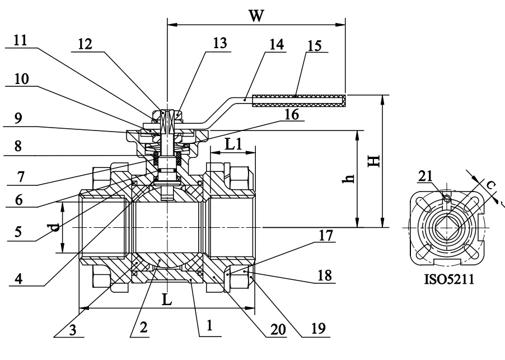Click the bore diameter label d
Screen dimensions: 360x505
coord(54,228)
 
